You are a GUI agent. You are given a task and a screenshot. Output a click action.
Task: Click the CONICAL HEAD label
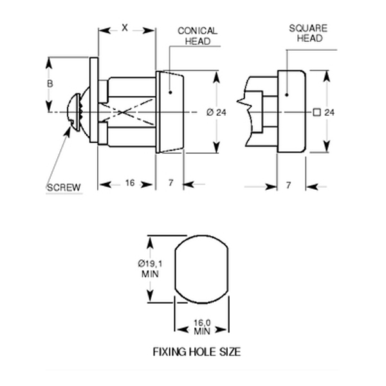(x=198, y=35)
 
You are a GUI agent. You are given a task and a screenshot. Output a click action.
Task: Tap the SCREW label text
(x=64, y=188)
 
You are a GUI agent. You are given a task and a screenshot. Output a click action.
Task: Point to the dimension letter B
(x=50, y=84)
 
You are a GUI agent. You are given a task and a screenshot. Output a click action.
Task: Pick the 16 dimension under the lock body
(x=129, y=183)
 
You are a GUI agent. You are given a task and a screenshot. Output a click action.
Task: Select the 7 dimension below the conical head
(x=170, y=183)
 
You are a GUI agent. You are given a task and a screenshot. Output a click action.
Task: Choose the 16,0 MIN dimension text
(x=203, y=328)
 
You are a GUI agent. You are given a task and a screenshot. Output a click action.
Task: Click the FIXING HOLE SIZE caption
(x=197, y=353)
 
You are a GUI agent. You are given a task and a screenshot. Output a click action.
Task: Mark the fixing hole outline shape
(x=202, y=269)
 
